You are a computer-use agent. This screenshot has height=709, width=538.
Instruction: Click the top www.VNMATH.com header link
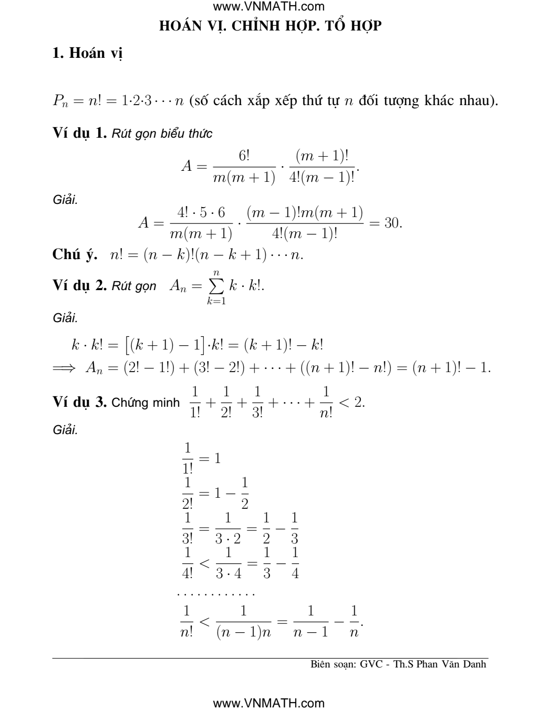pos(269,7)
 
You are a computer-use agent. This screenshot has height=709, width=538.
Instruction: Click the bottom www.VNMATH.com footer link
pos(269,703)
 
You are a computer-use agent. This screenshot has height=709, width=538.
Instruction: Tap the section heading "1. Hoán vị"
pos(87,54)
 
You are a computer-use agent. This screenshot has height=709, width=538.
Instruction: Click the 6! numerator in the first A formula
pos(244,156)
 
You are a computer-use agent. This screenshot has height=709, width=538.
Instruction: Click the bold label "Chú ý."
pos(75,254)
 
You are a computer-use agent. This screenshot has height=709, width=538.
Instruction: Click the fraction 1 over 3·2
pos(228,528)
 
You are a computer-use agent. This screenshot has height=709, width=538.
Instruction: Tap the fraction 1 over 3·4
pos(228,562)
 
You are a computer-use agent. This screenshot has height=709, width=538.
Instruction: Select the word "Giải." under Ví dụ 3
pos(66,430)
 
